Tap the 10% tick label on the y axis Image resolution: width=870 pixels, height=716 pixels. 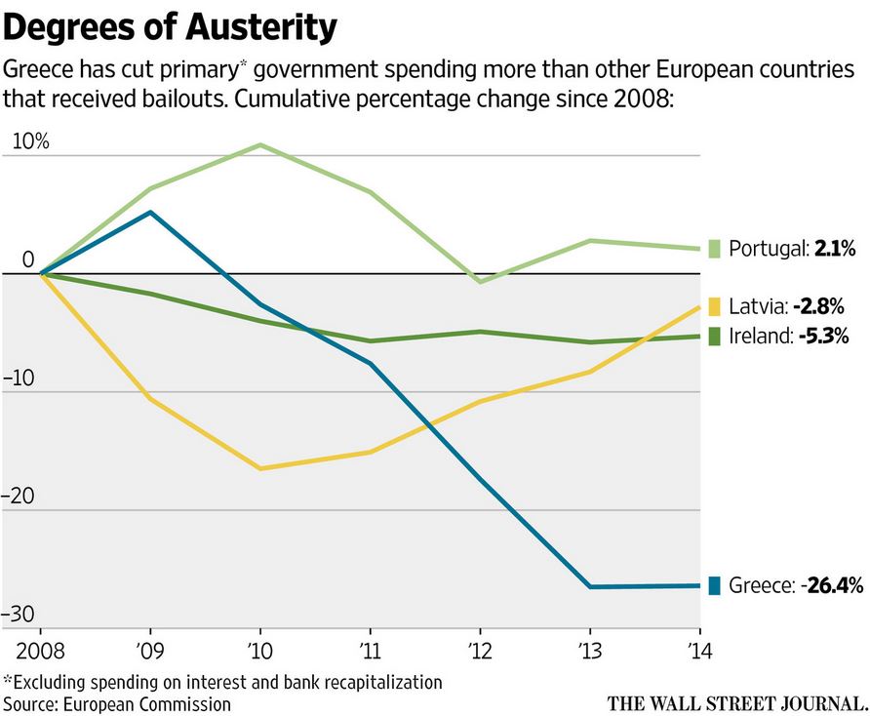[29, 141]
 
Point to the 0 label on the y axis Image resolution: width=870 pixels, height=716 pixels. [27, 260]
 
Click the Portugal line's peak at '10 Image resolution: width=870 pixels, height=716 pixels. [259, 145]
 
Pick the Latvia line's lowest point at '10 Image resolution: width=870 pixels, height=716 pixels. [259, 468]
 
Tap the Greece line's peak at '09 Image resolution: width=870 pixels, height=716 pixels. [149, 212]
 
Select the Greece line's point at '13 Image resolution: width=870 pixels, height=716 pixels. [590, 586]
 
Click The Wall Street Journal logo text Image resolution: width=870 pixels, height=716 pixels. [736, 702]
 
